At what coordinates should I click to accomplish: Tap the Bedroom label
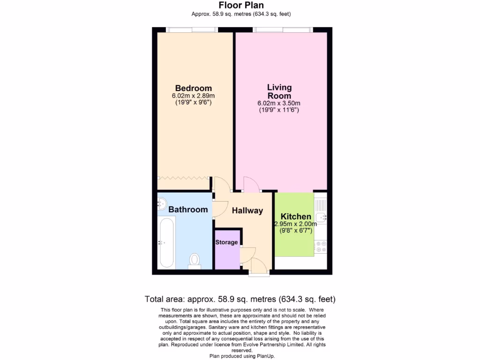(193, 88)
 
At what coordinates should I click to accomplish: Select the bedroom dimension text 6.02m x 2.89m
(193, 96)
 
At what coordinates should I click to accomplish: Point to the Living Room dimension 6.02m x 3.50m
(279, 103)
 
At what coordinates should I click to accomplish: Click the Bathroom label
(188, 210)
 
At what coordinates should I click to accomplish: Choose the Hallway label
(247, 210)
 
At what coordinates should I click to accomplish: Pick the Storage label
(226, 242)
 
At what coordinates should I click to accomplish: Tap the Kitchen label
(296, 217)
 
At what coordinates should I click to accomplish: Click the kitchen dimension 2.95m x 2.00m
(295, 224)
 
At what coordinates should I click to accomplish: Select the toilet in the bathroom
(195, 260)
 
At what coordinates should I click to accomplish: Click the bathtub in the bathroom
(166, 243)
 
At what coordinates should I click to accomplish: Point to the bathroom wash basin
(162, 203)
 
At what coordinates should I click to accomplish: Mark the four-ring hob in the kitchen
(321, 247)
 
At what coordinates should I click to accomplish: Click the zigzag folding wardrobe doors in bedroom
(183, 178)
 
